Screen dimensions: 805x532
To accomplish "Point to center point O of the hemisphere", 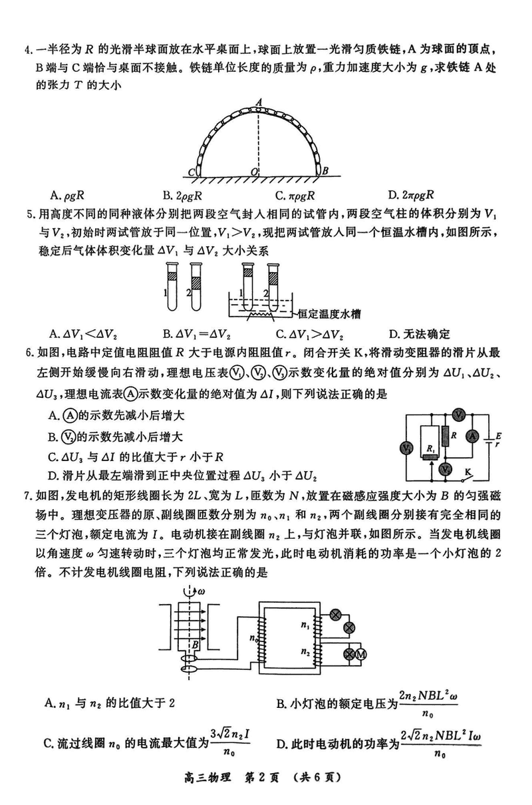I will (254, 172).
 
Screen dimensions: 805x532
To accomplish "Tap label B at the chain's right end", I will (325, 171).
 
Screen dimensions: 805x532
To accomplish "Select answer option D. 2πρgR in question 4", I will (411, 195).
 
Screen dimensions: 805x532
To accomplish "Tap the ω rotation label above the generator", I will (201, 591).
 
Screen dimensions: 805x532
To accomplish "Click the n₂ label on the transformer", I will (305, 651).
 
